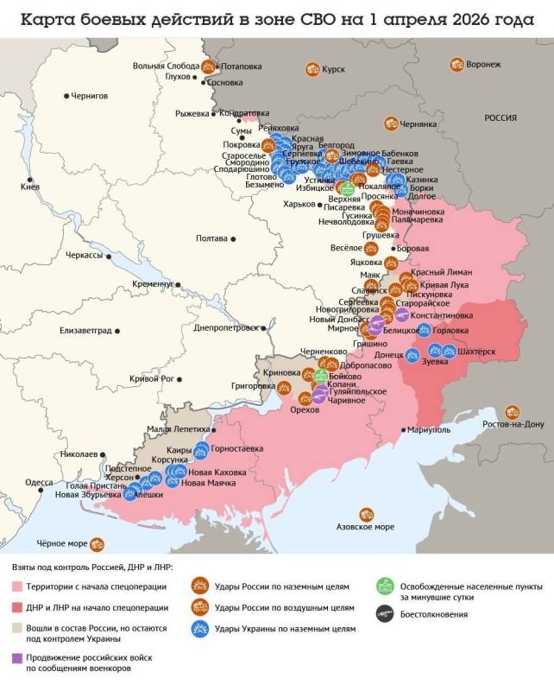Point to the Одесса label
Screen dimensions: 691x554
[40, 482]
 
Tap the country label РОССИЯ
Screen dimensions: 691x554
[500, 118]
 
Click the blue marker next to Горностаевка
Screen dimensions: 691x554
[202, 448]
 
